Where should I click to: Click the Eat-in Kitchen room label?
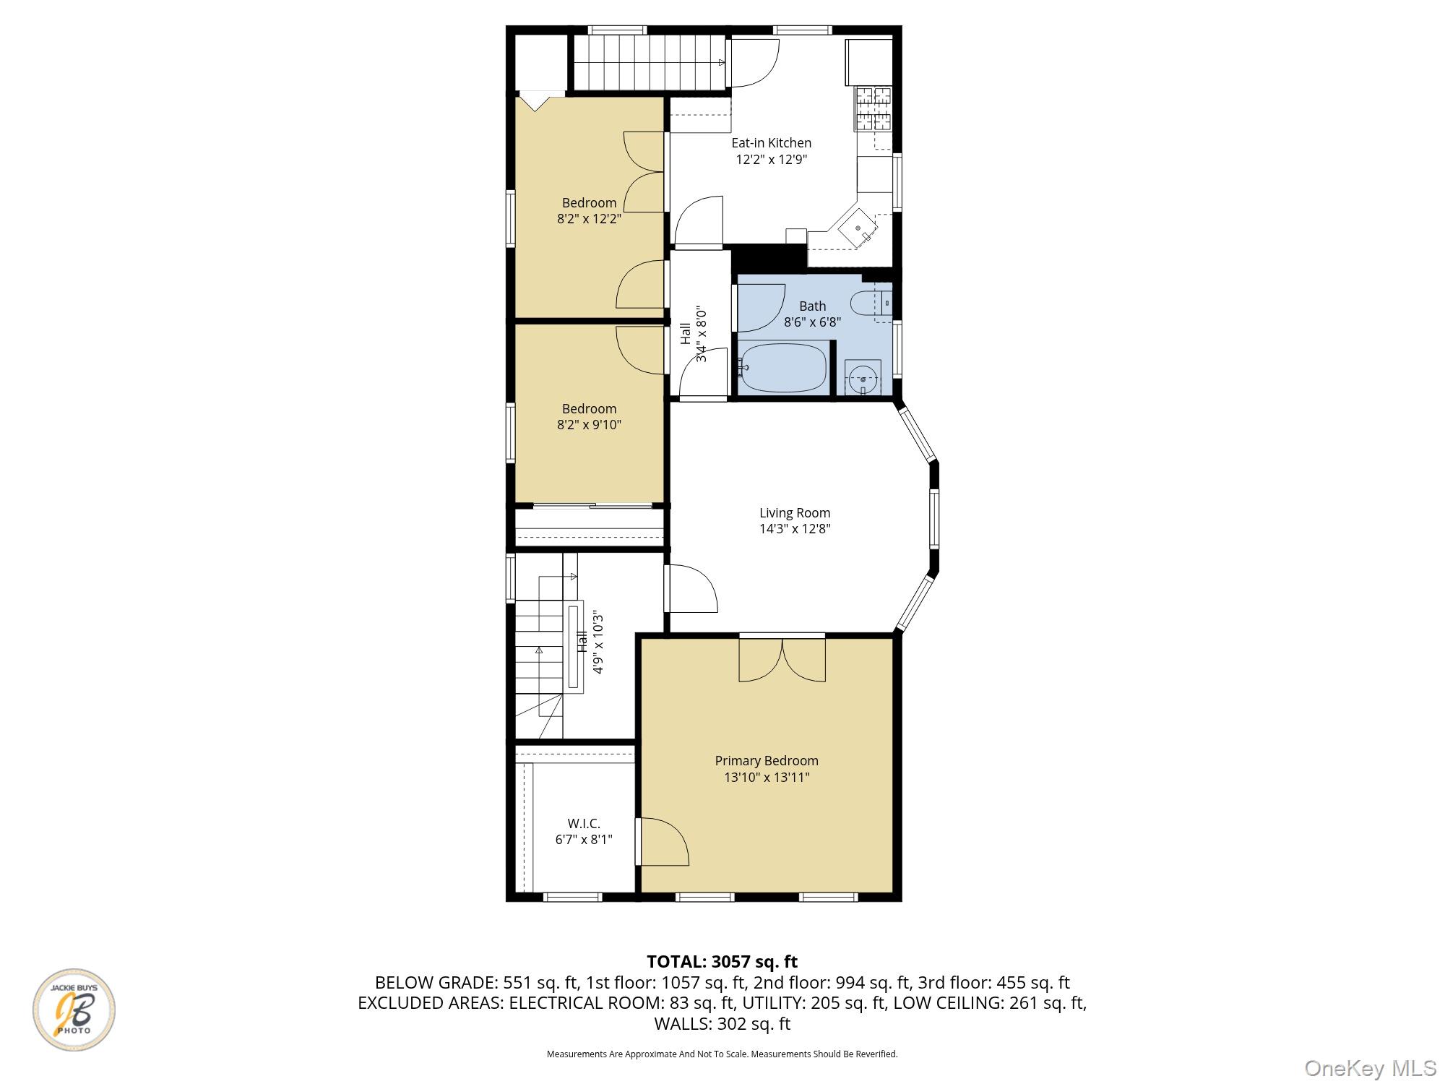[771, 143]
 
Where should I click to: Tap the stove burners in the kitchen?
[873, 108]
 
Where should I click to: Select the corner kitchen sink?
[859, 228]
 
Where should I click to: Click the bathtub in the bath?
[783, 368]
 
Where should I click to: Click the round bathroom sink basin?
[863, 378]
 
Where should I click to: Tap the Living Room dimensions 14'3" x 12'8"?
[795, 529]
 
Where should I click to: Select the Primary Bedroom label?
[767, 761]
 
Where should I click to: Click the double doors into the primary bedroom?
[782, 659]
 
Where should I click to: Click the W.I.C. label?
[584, 824]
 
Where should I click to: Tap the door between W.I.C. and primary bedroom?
[661, 842]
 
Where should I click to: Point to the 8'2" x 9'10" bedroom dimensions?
[589, 425]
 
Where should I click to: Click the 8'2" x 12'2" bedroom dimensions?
[589, 219]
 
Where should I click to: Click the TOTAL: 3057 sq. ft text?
[722, 962]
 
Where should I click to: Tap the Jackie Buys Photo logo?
[74, 1010]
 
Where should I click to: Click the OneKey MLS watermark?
[1371, 1067]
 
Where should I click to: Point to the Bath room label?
[812, 306]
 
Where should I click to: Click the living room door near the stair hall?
[690, 589]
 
